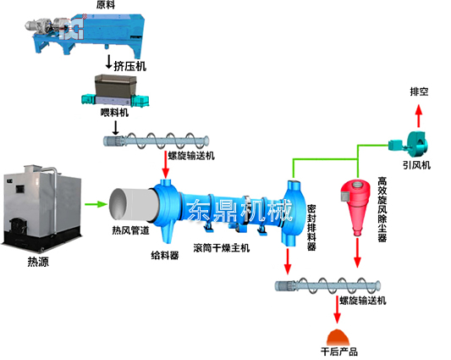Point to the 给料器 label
coord(162,252)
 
